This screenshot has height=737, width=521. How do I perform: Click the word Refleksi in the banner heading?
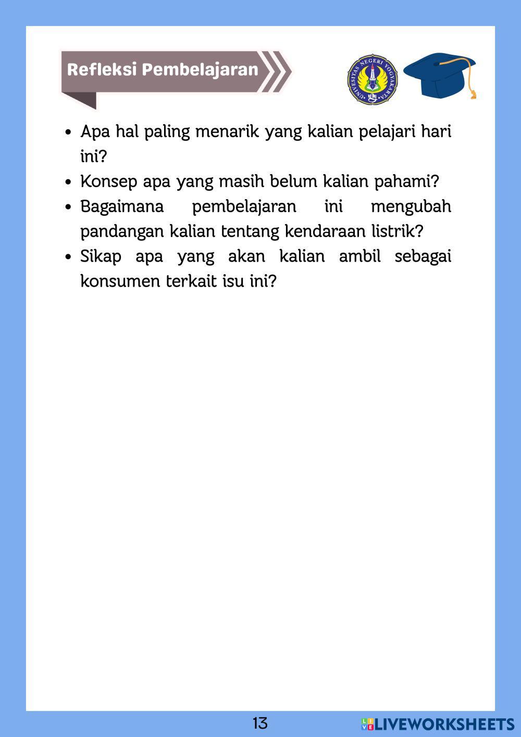pyautogui.click(x=102, y=70)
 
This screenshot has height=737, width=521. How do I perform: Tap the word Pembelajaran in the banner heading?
pyautogui.click(x=200, y=70)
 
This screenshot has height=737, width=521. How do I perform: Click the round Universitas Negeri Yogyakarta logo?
pyautogui.click(x=373, y=80)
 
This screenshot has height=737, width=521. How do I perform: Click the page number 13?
pyautogui.click(x=260, y=723)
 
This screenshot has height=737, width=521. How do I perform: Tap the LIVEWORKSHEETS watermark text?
pyautogui.click(x=444, y=724)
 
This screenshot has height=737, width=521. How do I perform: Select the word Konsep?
pyautogui.click(x=109, y=182)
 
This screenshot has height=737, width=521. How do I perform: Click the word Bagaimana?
pyautogui.click(x=122, y=207)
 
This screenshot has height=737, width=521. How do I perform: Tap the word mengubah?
pyautogui.click(x=411, y=207)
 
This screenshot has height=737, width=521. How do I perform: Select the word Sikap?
pyautogui.click(x=101, y=257)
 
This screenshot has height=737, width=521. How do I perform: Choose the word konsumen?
pyautogui.click(x=121, y=281)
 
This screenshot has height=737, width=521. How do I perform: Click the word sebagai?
pyautogui.click(x=423, y=257)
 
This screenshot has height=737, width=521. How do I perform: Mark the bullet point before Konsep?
pyautogui.click(x=68, y=182)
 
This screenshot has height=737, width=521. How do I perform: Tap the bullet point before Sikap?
pyautogui.click(x=68, y=257)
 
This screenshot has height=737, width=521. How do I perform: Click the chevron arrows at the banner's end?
pyautogui.click(x=275, y=71)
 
